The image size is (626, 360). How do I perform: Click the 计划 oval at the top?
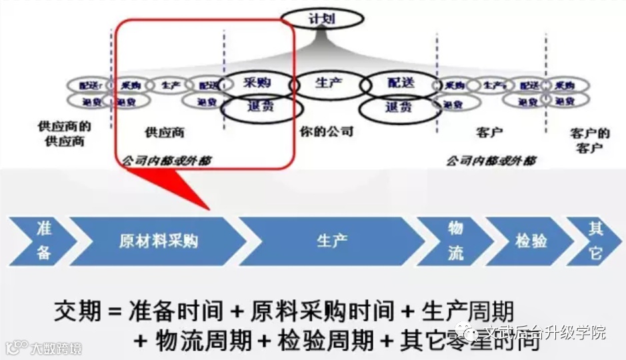click(322, 18)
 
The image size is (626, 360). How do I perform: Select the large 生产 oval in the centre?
click(329, 84)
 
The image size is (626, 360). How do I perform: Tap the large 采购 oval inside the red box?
click(257, 83)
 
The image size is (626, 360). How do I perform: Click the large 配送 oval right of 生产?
click(400, 83)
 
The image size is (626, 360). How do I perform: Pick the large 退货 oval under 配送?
click(399, 107)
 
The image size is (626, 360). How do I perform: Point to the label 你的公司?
click(326, 131)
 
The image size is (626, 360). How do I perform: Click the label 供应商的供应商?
click(65, 133)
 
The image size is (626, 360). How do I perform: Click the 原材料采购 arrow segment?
click(159, 241)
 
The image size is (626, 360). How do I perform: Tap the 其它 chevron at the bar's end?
click(595, 241)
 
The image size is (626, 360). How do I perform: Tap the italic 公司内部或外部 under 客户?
click(491, 161)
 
